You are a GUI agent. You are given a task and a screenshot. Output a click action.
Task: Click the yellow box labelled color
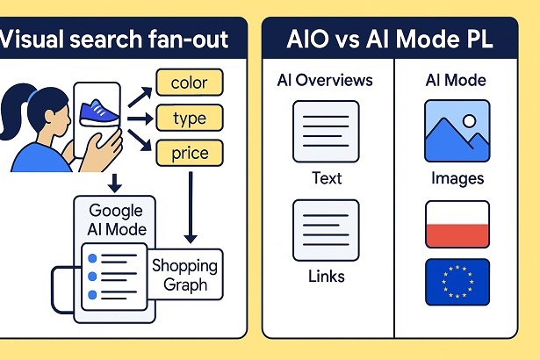point(190,82)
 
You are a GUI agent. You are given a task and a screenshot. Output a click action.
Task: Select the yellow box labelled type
point(190,118)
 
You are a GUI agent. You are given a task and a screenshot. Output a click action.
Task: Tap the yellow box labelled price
point(190,154)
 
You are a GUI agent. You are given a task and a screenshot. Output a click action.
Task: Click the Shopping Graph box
point(184,274)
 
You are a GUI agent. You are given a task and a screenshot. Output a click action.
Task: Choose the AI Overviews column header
point(324,81)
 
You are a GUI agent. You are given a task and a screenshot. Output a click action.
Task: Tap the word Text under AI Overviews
point(326,179)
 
